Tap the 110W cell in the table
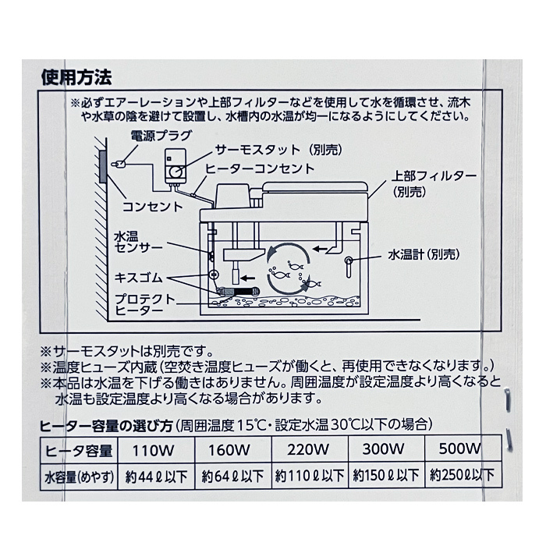[156, 451]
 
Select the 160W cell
[232, 451]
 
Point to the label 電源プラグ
[156, 136]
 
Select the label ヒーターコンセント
[260, 168]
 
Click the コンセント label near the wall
[152, 207]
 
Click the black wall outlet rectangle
[103, 164]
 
